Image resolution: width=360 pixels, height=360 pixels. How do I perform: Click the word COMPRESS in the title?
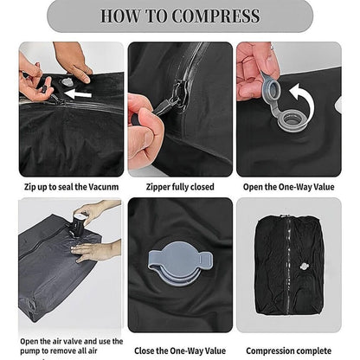pos(215,16)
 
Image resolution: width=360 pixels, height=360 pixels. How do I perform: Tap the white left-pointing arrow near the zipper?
pos(78,93)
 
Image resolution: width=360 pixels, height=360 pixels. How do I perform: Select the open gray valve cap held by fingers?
pos(270,86)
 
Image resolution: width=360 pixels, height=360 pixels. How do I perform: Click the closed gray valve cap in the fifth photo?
pos(180,262)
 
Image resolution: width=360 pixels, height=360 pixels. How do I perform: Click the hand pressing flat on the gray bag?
pos(93,250)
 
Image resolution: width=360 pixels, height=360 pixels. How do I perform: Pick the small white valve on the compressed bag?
pos(303,266)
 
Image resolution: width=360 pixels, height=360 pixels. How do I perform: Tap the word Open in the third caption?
pos(253,187)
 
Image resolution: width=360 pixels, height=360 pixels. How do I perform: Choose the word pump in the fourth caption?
pos(29,351)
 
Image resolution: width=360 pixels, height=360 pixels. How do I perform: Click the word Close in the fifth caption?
pos(145,350)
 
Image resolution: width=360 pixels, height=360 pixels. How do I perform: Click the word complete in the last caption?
pos(315,351)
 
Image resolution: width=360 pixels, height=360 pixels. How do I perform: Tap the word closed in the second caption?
pos(202,187)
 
